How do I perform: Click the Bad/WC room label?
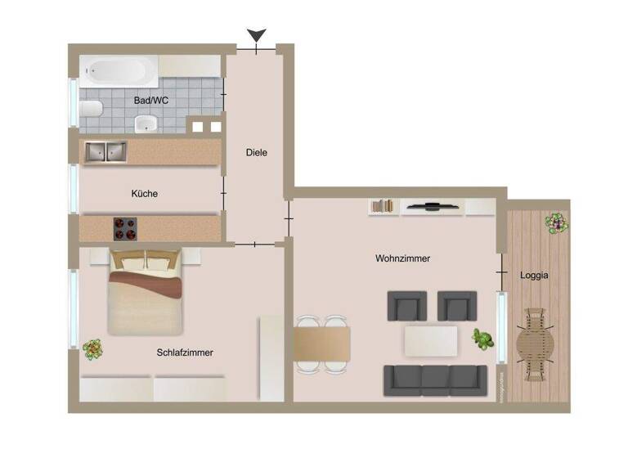pyautogui.click(x=151, y=101)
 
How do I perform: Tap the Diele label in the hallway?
pyautogui.click(x=257, y=152)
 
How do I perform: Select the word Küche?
pyautogui.click(x=145, y=194)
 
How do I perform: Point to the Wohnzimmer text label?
pyautogui.click(x=402, y=258)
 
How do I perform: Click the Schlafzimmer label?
pyautogui.click(x=185, y=352)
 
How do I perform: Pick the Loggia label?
pyautogui.click(x=534, y=276)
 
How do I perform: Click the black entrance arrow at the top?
pyautogui.click(x=257, y=36)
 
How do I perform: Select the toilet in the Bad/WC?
pyautogui.click(x=91, y=110)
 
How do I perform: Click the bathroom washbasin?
pyautogui.click(x=146, y=124)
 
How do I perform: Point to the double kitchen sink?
pyautogui.click(x=105, y=151)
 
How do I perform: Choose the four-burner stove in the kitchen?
pyautogui.click(x=125, y=228)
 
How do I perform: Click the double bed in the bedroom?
pyautogui.click(x=146, y=290)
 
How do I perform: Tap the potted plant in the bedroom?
pyautogui.click(x=93, y=349)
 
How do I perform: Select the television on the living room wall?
pyautogui.click(x=433, y=206)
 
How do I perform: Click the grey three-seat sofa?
pyautogui.click(x=434, y=379)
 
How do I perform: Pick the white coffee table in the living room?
pyautogui.click(x=430, y=340)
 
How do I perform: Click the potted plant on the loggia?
pyautogui.click(x=556, y=221)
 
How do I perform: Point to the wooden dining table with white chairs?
pyautogui.click(x=322, y=343)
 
